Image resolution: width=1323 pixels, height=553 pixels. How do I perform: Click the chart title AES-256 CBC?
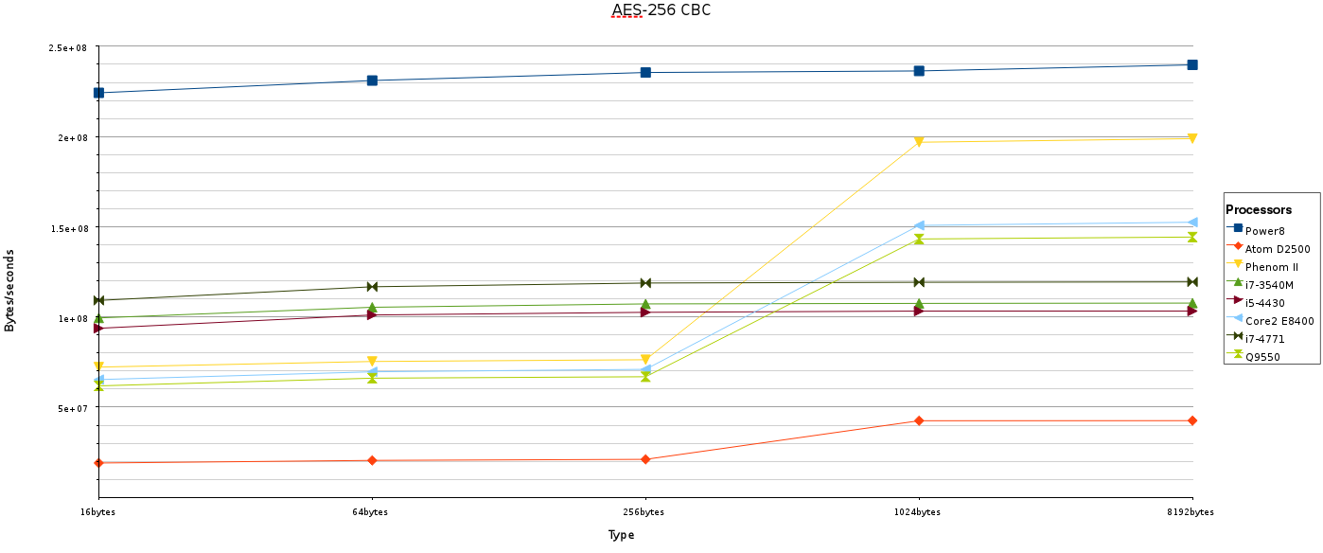661,11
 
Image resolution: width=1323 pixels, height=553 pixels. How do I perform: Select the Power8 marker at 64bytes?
372,80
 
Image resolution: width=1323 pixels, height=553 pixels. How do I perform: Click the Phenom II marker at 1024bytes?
919,142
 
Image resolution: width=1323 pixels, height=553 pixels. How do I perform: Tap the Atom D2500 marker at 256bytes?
645,459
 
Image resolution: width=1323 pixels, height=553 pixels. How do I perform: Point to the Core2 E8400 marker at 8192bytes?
1192,223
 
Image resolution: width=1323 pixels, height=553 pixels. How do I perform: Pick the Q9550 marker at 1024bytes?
919,240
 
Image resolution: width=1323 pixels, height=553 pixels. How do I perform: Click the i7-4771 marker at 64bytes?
372,287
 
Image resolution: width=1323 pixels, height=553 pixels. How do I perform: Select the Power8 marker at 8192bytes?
1192,64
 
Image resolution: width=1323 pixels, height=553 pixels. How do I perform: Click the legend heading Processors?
1259,209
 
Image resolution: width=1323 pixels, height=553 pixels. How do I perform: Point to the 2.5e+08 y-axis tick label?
68,48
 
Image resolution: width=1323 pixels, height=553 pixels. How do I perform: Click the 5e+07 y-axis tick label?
72,409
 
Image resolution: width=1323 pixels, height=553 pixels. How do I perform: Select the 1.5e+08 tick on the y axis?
68,228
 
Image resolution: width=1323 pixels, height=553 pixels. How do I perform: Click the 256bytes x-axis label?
645,512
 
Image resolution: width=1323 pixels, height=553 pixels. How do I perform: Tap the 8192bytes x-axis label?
1190,512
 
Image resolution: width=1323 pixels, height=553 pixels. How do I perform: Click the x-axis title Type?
621,535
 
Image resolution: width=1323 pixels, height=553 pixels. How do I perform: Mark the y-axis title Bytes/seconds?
10,290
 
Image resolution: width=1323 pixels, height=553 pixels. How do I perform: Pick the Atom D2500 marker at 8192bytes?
1192,420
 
